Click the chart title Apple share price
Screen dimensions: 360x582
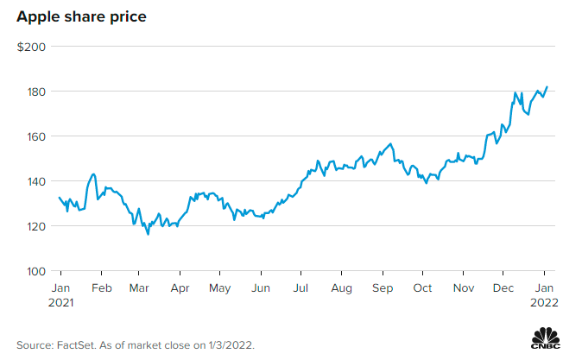tap(76, 16)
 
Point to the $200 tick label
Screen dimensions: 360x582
tap(32, 47)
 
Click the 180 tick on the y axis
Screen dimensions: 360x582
tap(35, 92)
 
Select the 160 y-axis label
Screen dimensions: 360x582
tap(35, 136)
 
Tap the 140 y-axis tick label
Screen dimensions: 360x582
tap(35, 181)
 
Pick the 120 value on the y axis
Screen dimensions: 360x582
tap(35, 226)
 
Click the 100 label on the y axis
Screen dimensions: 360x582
tap(35, 271)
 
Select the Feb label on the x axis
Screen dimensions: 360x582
tap(102, 287)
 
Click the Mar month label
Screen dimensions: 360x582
tap(138, 287)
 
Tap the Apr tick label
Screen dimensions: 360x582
tap(180, 287)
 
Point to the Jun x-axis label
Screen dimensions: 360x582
tap(261, 287)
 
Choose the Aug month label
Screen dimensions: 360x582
tap(342, 287)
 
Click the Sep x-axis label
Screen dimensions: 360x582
tap(383, 287)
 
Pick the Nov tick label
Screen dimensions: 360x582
tap(464, 287)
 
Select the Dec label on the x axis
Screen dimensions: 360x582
tap(504, 287)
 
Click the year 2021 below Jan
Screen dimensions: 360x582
tap(61, 303)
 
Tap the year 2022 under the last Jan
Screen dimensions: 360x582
tap(545, 303)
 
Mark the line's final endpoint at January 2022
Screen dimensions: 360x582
tap(547, 86)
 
